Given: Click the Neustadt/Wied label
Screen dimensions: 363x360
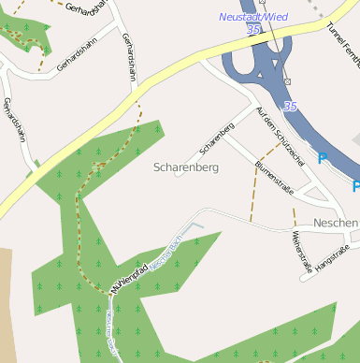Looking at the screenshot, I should (x=253, y=17).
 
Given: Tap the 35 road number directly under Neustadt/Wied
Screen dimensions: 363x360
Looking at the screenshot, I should (x=253, y=30).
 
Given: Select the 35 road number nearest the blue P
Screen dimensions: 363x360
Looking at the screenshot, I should (x=290, y=108).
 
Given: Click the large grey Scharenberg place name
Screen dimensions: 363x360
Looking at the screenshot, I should (x=185, y=167).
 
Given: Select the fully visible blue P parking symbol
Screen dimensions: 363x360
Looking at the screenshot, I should (x=323, y=159).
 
